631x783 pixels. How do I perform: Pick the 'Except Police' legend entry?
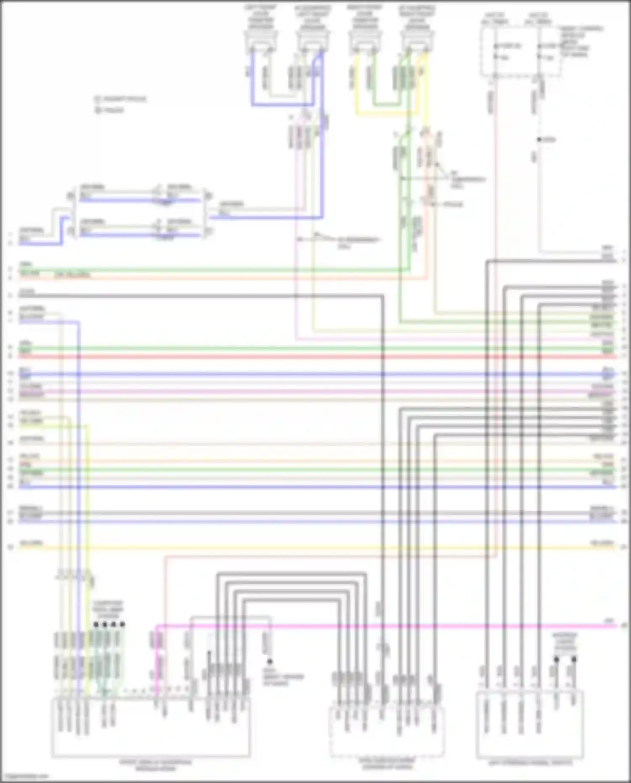pyautogui.click(x=120, y=99)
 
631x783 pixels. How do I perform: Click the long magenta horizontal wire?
pyautogui.click(x=379, y=626)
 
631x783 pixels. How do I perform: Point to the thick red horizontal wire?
pyautogui.click(x=294, y=357)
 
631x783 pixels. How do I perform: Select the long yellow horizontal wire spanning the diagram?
pyautogui.click(x=294, y=548)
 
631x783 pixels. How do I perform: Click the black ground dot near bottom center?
pyautogui.click(x=270, y=661)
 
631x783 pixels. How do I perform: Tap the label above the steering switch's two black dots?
pyautogui.click(x=565, y=642)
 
